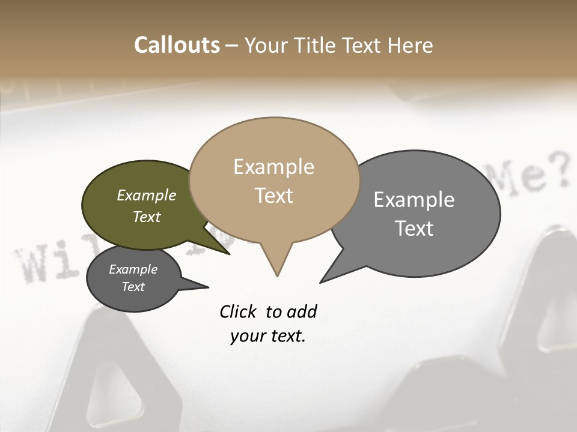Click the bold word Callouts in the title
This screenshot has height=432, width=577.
point(177,45)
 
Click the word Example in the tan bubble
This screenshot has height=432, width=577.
point(273,167)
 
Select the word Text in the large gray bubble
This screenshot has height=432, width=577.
point(414,229)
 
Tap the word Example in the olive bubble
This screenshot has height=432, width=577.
point(147,196)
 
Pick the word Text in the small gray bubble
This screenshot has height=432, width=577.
point(133,287)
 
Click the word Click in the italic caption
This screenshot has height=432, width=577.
point(239,311)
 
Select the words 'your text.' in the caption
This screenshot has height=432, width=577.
point(268,336)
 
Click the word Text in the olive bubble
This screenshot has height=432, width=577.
point(147,217)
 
